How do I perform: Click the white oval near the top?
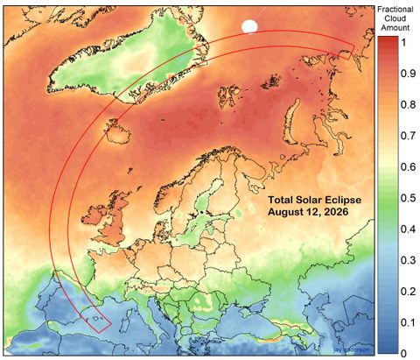[250, 27]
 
